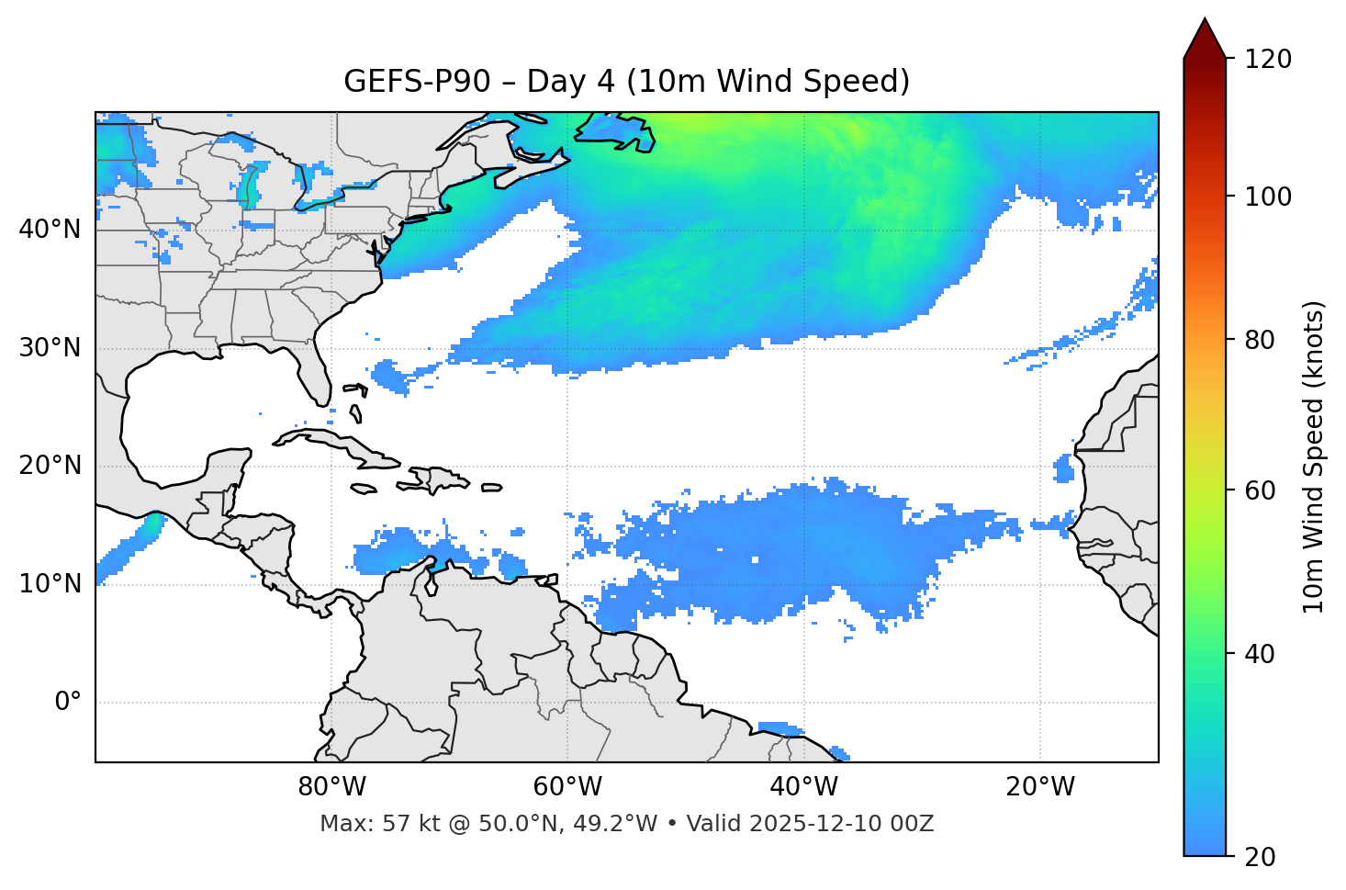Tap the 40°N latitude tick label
(50, 229)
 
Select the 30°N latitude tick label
(50, 348)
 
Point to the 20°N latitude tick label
(50, 466)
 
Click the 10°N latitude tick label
(50, 584)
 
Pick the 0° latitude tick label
(67, 703)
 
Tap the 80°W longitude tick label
(331, 787)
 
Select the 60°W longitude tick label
(567, 787)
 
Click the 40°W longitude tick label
(804, 787)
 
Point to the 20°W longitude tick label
(1040, 787)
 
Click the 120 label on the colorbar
(1268, 60)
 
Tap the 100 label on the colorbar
(1268, 197)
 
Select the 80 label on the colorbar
(1260, 340)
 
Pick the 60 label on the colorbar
(1260, 490)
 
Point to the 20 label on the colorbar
(1260, 857)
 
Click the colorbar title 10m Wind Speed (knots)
(1314, 456)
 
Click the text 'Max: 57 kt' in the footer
(362, 824)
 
